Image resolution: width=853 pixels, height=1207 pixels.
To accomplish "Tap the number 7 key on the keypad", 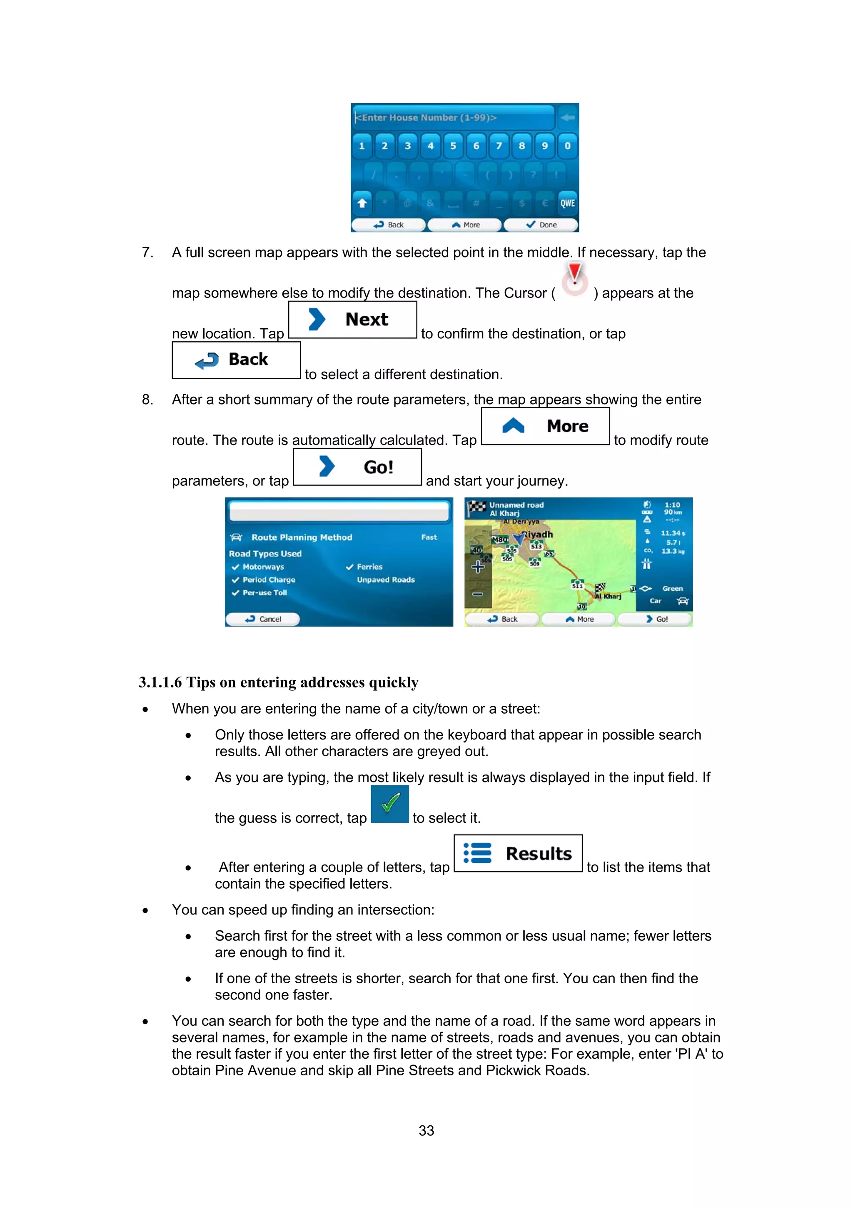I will [x=499, y=146].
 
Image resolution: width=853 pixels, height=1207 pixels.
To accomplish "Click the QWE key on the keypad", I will [x=567, y=203].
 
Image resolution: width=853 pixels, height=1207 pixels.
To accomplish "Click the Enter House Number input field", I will [x=453, y=117].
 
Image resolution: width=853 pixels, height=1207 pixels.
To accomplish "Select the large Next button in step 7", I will [x=353, y=319].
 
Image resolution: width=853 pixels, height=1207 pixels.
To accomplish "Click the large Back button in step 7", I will [x=236, y=360].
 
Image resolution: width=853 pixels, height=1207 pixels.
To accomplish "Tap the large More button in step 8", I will [x=545, y=426].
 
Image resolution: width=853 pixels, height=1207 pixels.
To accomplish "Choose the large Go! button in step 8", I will [x=357, y=467].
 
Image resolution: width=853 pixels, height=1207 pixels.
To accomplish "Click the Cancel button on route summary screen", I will [x=263, y=619].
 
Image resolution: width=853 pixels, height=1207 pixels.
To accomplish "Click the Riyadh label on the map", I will [x=538, y=534].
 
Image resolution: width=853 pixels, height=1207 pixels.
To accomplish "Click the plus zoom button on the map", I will [x=477, y=566].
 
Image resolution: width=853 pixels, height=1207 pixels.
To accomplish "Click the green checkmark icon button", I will [x=389, y=803].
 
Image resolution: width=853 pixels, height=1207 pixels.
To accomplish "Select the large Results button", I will [x=518, y=853].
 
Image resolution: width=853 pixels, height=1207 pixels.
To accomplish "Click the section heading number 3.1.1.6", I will [x=160, y=682].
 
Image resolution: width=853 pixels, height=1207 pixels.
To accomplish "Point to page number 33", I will [x=426, y=1130].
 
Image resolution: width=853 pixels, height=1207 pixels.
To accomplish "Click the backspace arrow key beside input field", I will [x=567, y=117].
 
